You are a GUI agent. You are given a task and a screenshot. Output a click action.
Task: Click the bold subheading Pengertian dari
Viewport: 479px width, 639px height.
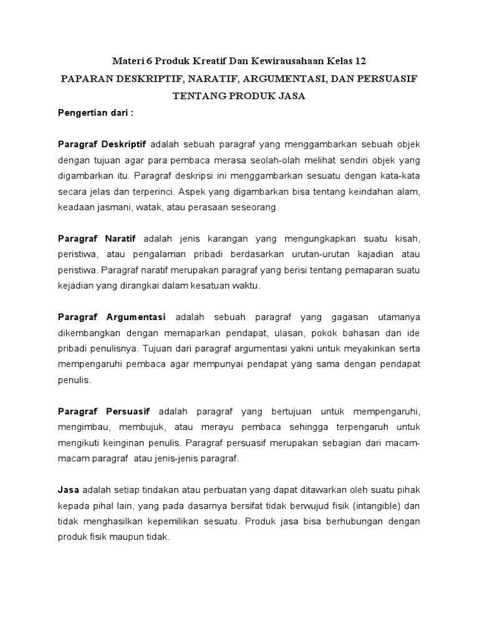point(95,114)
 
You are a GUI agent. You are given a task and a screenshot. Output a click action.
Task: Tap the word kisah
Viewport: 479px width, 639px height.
point(408,239)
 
